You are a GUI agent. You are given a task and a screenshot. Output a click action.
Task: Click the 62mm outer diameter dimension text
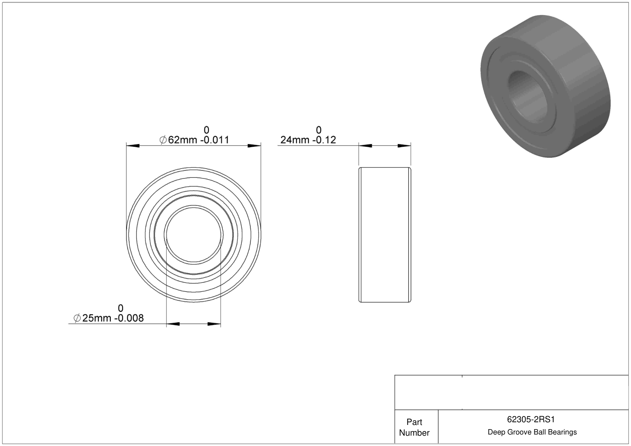(x=183, y=139)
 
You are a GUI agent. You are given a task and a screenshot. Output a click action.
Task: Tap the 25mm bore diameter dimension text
(x=97, y=318)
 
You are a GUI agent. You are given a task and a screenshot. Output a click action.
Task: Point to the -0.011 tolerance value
(x=215, y=139)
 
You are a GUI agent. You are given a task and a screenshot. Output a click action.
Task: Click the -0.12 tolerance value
(x=324, y=139)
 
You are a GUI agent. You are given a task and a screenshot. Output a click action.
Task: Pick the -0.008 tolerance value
(x=129, y=318)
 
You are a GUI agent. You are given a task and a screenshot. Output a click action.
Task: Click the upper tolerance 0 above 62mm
(x=207, y=130)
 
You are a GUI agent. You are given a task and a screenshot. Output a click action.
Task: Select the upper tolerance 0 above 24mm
(x=319, y=130)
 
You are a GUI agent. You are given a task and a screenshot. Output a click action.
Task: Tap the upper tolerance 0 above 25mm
(x=121, y=308)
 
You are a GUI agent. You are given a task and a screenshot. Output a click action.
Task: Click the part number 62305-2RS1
(x=531, y=419)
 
